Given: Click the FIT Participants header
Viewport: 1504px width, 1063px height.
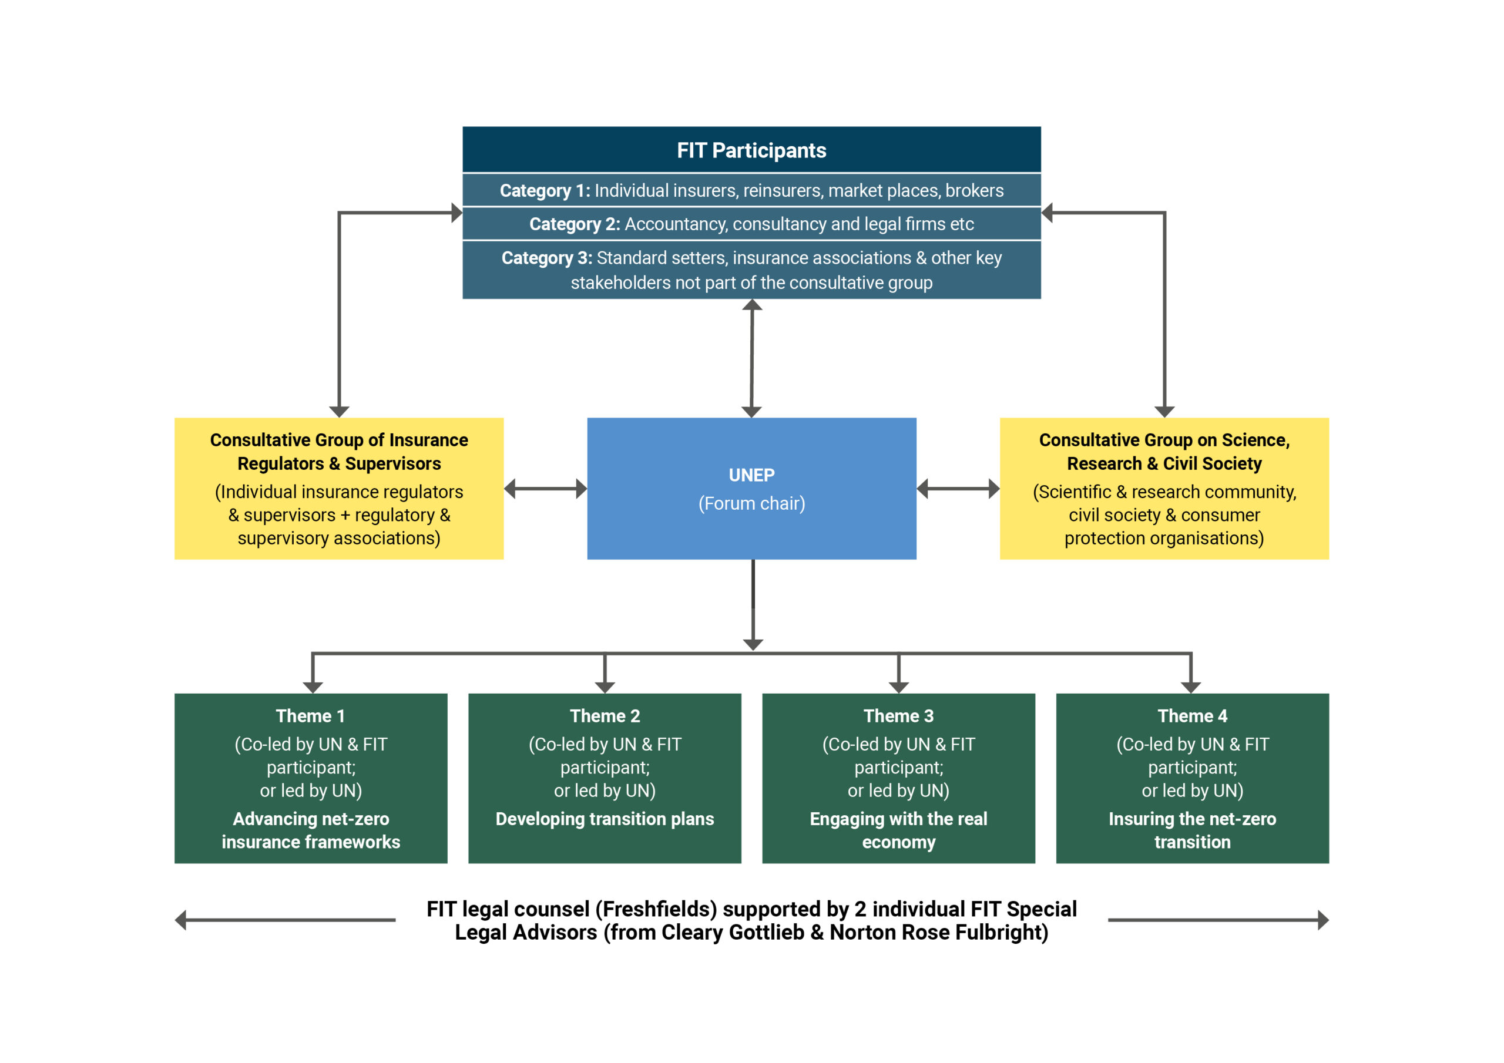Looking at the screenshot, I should coord(751,151).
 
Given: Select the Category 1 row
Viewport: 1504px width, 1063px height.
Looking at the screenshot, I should coord(751,191).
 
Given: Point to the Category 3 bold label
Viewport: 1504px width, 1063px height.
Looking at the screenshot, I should coord(546,258).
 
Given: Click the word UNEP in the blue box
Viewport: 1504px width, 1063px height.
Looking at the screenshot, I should coord(751,475).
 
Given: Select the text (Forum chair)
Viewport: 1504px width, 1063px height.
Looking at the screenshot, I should coord(751,504).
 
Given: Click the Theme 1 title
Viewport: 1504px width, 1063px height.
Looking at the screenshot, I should coord(311,716).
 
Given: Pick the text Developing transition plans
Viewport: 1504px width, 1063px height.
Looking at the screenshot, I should coord(605,819).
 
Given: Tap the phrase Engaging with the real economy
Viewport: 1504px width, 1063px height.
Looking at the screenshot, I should coord(898,830).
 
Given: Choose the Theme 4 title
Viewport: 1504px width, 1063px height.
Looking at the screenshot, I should coord(1192,716).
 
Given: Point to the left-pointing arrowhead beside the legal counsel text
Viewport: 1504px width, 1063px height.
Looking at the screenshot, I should coord(182,920).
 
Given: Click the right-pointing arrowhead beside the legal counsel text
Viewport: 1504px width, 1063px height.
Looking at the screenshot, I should coord(1322,920).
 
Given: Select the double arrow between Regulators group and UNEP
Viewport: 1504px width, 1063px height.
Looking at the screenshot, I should coord(545,489).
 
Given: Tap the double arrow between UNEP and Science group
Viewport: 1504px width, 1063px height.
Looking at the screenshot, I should coord(958,489).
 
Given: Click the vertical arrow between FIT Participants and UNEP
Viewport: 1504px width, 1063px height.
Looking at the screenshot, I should coord(751,358).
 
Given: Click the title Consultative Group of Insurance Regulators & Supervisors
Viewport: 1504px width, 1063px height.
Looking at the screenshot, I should coord(338,452).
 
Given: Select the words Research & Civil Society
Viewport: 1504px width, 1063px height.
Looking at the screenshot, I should coord(1164,464).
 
